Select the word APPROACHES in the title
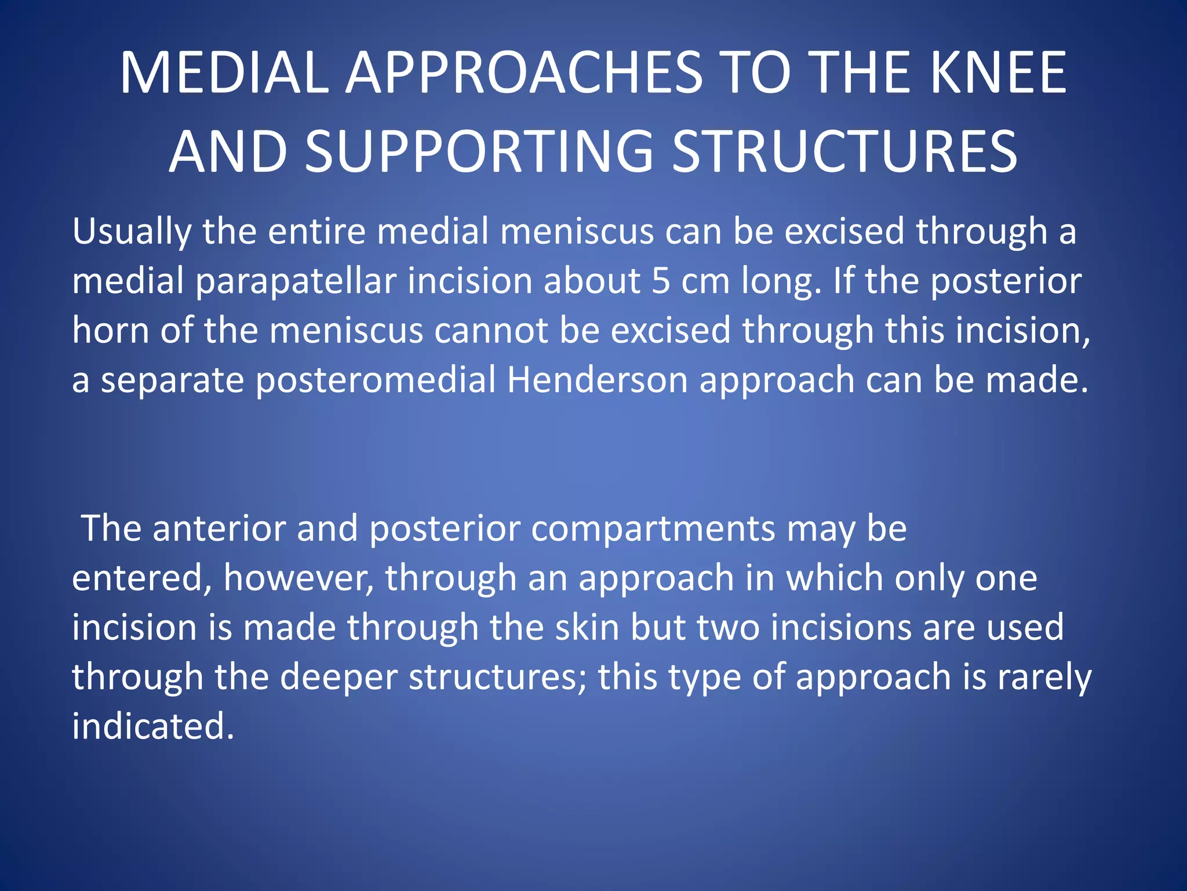(x=525, y=73)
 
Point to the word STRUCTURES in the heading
(x=844, y=151)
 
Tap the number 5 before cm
(x=661, y=281)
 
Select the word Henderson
(x=597, y=380)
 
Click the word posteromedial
(x=376, y=381)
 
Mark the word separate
(x=173, y=381)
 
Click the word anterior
(x=219, y=528)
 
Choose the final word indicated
(x=152, y=726)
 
